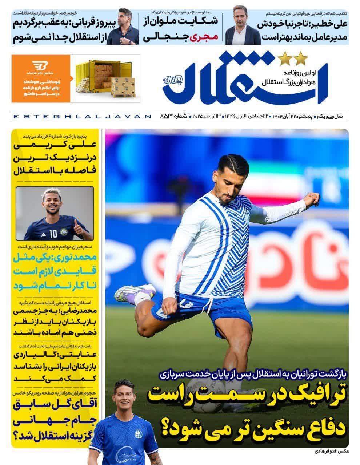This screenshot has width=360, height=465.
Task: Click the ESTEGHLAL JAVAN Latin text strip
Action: click(82, 116)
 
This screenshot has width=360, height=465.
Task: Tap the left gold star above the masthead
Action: click(284, 57)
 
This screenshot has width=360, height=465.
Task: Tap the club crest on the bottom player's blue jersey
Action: click(139, 434)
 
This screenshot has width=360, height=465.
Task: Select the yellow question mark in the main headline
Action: click(164, 429)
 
